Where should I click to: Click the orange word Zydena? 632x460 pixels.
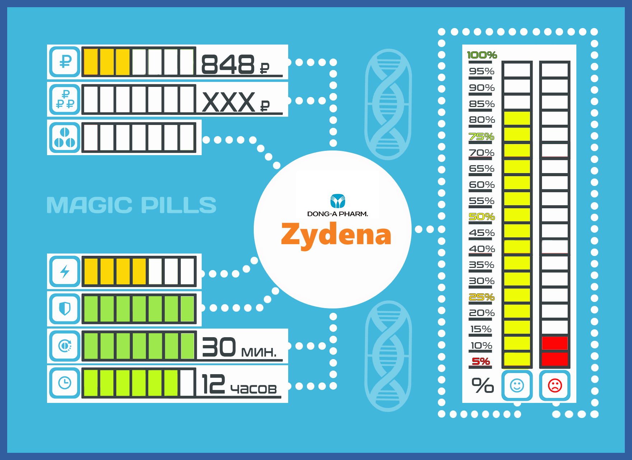coord(336,234)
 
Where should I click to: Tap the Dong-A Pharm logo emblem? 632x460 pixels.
coord(338,201)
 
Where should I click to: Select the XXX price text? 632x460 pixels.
coord(229,103)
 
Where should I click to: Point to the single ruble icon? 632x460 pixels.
coord(65,61)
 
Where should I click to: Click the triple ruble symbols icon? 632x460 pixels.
coord(65,99)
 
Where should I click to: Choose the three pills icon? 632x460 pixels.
coord(65,138)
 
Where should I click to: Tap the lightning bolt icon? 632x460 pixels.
coord(65,271)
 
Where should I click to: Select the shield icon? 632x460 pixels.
coord(65,308)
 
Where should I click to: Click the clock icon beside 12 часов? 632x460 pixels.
coord(65,382)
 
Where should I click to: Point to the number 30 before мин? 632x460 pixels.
coord(219,347)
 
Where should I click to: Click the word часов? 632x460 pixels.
coord(253,389)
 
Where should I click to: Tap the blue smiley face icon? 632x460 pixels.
coord(517,385)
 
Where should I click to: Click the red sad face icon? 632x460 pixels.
coord(555,385)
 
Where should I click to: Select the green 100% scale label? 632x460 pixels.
coord(482,55)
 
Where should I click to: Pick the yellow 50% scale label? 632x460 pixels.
coord(482,217)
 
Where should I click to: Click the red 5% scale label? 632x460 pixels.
coord(481,361)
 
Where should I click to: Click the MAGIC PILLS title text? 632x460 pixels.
coord(131,205)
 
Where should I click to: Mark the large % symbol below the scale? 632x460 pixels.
coord(482,386)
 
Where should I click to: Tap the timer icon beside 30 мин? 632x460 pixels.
coord(65,346)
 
